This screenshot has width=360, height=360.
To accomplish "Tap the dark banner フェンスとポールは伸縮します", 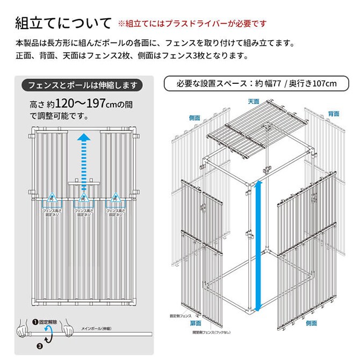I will tap(82, 85).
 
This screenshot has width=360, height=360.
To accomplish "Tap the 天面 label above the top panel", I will tap(254, 100).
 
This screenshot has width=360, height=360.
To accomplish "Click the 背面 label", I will tap(334, 114).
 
